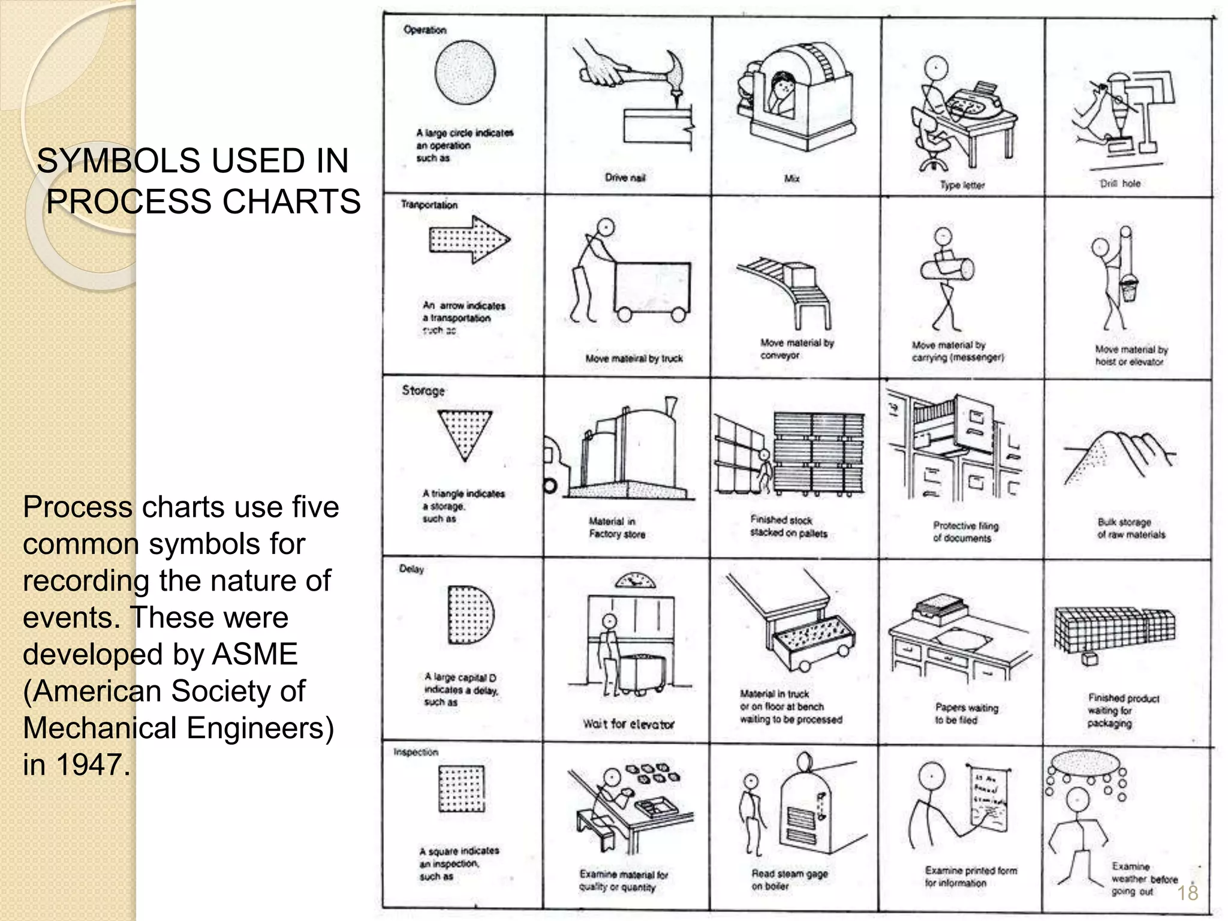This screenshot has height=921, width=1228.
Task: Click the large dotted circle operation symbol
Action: [465, 73]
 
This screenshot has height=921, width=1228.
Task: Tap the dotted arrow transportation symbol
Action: [469, 240]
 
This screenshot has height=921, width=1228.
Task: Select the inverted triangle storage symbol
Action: [465, 434]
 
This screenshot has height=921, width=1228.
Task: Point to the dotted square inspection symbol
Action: [461, 788]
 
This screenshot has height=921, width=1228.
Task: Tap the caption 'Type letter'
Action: [962, 185]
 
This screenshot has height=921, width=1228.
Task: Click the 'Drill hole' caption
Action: [1120, 183]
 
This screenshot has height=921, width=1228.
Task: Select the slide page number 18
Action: [1187, 893]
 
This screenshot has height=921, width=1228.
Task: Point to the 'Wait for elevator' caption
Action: [628, 724]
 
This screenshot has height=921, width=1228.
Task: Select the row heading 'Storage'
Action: [423, 391]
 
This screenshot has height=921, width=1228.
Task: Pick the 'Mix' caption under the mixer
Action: [791, 179]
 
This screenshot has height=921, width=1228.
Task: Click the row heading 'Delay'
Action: [411, 568]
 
